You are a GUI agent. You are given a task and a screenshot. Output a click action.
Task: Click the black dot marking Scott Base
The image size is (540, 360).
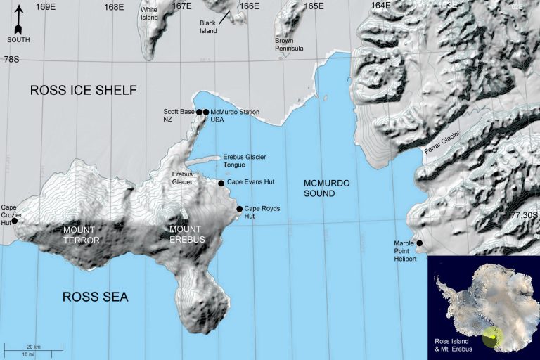pyautogui.click(x=199, y=112)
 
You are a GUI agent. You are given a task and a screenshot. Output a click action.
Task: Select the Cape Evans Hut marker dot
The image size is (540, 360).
pyautogui.click(x=221, y=184)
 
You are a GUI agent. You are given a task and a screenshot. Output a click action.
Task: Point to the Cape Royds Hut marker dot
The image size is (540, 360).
pyautogui.click(x=239, y=209)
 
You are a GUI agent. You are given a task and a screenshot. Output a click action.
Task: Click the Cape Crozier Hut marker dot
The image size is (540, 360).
pyautogui.click(x=15, y=221)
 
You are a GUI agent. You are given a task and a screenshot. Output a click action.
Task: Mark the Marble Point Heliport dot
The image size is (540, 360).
pyautogui.click(x=420, y=244)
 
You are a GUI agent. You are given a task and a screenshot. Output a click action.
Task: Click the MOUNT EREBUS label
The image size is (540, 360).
pyautogui.click(x=186, y=234)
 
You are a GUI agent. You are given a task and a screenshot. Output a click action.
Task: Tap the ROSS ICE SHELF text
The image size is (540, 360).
pyautogui.click(x=82, y=90)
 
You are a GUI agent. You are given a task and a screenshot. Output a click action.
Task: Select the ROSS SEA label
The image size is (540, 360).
pyautogui.click(x=95, y=297)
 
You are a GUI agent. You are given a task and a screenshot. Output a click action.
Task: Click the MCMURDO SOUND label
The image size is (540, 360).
pyautogui.click(x=326, y=188)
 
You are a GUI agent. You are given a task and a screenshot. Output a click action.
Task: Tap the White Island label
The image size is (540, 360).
pyautogui.click(x=149, y=13)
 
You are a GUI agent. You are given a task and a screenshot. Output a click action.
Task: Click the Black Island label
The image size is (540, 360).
pyautogui.click(x=208, y=27)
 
